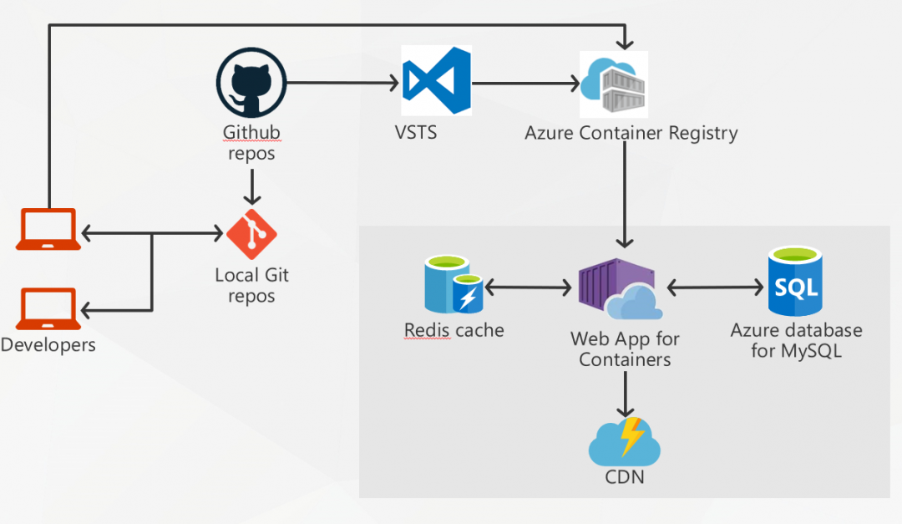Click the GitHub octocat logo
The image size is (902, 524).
[251, 83]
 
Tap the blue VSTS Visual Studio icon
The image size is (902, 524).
[435, 81]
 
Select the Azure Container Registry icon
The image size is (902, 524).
[614, 84]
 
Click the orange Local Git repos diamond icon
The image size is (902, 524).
[251, 235]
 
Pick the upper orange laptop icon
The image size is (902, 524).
[48, 229]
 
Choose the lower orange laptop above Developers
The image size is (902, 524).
[48, 308]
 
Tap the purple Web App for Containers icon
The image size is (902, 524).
[619, 289]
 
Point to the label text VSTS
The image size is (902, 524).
[415, 133]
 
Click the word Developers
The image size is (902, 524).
[48, 344]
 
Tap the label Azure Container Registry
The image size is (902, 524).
[631, 133]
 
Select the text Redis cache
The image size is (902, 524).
[454, 330]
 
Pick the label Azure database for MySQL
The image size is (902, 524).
[796, 340]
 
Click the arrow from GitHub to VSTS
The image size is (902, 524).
[342, 83]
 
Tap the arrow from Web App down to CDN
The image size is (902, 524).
[625, 394]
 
